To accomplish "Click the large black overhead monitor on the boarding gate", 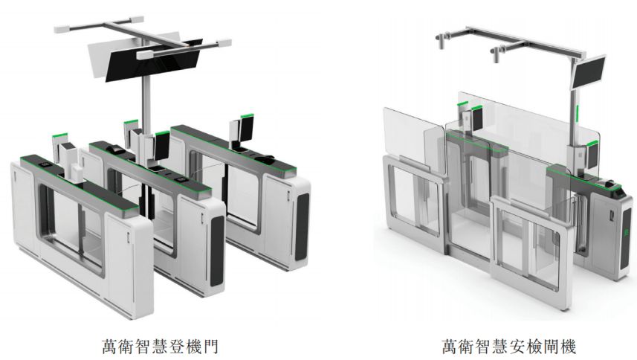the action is pos(154,60).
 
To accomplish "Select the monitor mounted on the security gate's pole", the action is pos(589,73).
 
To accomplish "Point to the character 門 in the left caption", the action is pos(211,347).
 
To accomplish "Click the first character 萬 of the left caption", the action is pos(110,347).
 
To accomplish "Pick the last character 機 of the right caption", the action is pos(568,347).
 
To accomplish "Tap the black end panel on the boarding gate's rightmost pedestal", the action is pos(302,226).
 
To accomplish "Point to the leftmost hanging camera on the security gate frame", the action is pos(441,42).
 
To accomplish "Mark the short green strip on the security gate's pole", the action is pos(577,113).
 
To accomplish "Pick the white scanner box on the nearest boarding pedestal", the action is pos(75,173).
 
